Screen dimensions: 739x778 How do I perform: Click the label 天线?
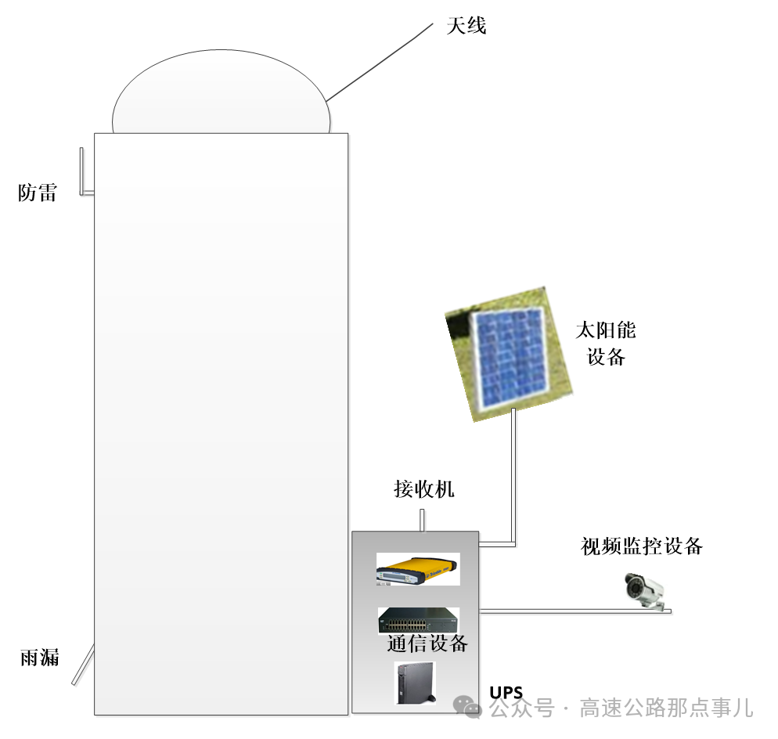click(466, 26)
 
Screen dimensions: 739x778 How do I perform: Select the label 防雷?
click(38, 193)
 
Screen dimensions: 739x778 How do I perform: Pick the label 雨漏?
click(39, 657)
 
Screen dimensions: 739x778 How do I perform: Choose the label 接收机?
click(423, 489)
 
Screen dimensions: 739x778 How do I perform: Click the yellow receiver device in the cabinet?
click(416, 569)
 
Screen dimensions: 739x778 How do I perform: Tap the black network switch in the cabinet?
click(418, 619)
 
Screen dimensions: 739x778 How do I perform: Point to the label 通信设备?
click(427, 643)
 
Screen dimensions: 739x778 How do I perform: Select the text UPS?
click(506, 692)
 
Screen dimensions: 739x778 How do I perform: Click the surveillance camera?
click(644, 589)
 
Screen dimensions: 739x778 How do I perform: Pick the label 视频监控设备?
click(642, 546)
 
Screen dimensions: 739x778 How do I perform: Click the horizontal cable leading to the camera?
click(564, 611)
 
